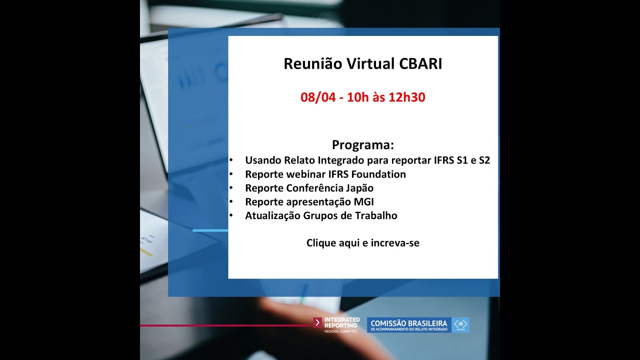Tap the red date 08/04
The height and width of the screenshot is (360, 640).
[x=317, y=97]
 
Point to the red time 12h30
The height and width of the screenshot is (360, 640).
[x=406, y=97]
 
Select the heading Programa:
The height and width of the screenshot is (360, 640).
[x=363, y=145]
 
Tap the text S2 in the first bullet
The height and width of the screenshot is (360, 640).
[x=484, y=160]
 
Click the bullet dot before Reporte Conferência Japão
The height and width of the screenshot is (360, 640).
[x=231, y=188]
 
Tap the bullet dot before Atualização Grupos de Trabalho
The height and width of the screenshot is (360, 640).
[x=231, y=216]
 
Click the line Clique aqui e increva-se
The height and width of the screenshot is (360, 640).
[x=363, y=243]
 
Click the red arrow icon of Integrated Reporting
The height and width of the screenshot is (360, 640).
[x=317, y=322]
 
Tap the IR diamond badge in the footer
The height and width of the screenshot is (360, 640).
[x=460, y=324]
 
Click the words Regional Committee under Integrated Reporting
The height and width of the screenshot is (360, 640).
[x=341, y=331]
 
